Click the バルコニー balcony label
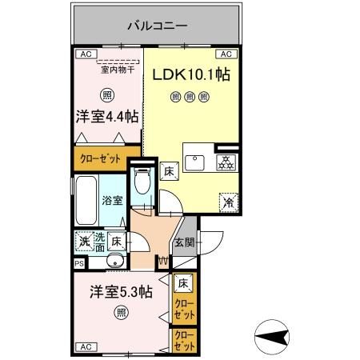pos(157,26)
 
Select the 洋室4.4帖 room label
pos(106,116)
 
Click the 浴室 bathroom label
pos(111,201)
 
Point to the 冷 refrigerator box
pos(227,202)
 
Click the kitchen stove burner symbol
pos(226,161)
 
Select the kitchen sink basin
pos(195,162)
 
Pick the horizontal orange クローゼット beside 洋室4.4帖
pos(100,158)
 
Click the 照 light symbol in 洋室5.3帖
pos(120,312)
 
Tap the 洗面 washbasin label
pos(99,240)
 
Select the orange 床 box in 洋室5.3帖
pos(183,282)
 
